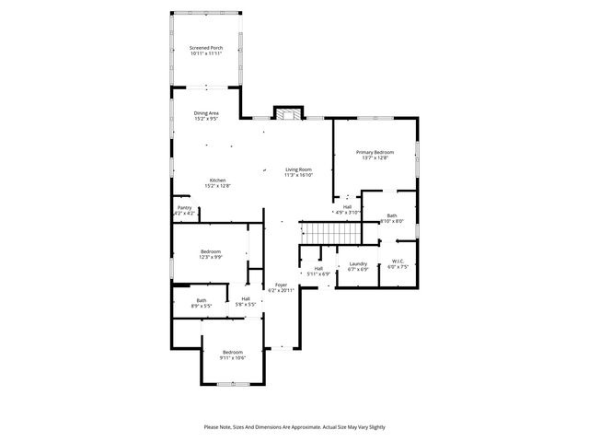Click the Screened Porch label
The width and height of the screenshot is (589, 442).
pyautogui.click(x=206, y=48)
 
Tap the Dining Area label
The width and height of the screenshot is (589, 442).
pyautogui.click(x=206, y=113)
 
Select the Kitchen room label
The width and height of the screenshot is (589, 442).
pyautogui.click(x=217, y=180)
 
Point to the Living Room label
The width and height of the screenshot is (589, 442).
pyautogui.click(x=298, y=169)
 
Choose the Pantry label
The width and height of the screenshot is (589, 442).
pyautogui.click(x=185, y=208)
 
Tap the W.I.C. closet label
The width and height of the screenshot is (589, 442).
pyautogui.click(x=398, y=262)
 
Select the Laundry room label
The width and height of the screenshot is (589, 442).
pyautogui.click(x=358, y=264)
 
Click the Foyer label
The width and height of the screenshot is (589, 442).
pyautogui.click(x=281, y=285)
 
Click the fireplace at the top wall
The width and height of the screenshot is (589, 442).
pyautogui.click(x=288, y=114)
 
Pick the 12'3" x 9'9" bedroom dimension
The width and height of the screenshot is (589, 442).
pyautogui.click(x=211, y=258)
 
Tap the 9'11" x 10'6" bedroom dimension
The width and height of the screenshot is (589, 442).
pyautogui.click(x=232, y=357)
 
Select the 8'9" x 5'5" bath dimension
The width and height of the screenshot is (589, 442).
pyautogui.click(x=202, y=306)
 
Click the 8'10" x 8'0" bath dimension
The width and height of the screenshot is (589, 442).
pyautogui.click(x=392, y=221)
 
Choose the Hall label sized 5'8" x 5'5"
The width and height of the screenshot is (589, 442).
pyautogui.click(x=246, y=298)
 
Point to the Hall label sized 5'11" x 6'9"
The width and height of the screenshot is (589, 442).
pyautogui.click(x=318, y=268)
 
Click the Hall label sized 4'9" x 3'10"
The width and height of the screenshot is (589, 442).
pyautogui.click(x=348, y=207)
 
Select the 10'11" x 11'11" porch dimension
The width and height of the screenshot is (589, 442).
pyautogui.click(x=206, y=53)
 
